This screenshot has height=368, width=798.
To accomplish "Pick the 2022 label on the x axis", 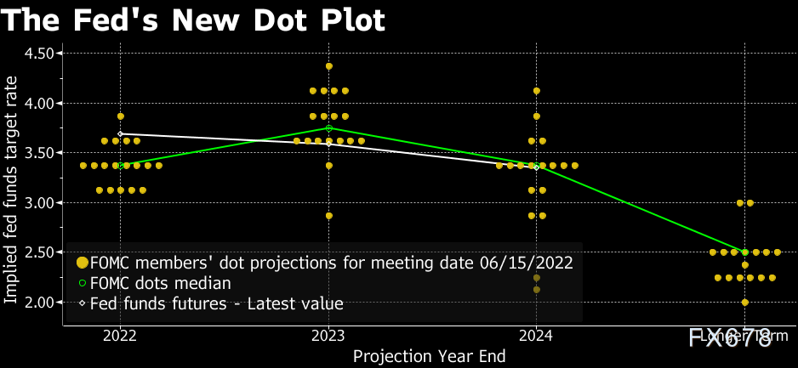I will [120, 337].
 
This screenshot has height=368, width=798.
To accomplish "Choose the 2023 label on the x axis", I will [328, 337].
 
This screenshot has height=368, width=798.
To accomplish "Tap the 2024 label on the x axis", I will [536, 337].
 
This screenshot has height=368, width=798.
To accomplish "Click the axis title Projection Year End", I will [430, 356].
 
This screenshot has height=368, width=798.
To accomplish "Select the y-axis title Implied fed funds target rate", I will [11, 187].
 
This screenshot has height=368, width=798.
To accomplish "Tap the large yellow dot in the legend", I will [83, 263].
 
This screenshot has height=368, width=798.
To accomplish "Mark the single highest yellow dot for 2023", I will [329, 65].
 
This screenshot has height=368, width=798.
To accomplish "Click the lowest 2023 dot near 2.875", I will [329, 215].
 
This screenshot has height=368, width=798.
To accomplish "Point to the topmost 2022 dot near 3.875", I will [121, 116].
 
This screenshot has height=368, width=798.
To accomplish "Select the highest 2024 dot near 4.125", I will [537, 90].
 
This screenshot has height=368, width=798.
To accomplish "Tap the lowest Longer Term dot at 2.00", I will [745, 302].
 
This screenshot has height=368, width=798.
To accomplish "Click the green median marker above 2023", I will [329, 127].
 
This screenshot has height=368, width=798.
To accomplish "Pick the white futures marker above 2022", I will [121, 133].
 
